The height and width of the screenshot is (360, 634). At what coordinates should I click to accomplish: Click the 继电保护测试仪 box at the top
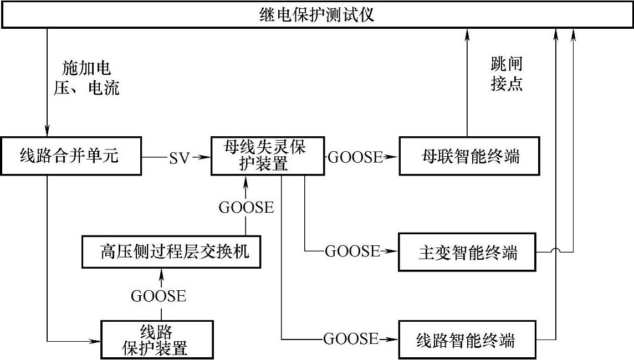[x=317, y=14]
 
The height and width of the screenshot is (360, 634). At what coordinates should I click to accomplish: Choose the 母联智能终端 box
[x=467, y=157]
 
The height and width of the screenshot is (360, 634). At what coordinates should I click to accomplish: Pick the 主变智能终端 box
[x=467, y=253]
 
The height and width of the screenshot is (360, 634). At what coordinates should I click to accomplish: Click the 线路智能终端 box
[x=467, y=338]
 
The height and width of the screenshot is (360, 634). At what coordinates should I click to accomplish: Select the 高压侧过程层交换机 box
[x=170, y=252]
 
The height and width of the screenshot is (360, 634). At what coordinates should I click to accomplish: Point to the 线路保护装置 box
[x=156, y=339]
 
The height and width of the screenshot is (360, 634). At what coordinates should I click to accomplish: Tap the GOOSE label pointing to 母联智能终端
[x=355, y=157]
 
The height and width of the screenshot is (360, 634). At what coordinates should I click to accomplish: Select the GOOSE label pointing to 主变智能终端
[x=352, y=252]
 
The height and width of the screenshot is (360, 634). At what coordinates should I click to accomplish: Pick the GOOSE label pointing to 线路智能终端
[x=351, y=338]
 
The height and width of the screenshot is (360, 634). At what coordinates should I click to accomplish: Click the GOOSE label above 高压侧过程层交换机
[x=246, y=207]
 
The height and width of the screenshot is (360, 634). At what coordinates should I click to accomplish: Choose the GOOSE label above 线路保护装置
[x=158, y=296]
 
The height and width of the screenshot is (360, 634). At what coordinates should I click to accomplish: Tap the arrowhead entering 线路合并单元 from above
[x=47, y=131]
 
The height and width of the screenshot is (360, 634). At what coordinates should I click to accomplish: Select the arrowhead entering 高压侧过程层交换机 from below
[x=161, y=272]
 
